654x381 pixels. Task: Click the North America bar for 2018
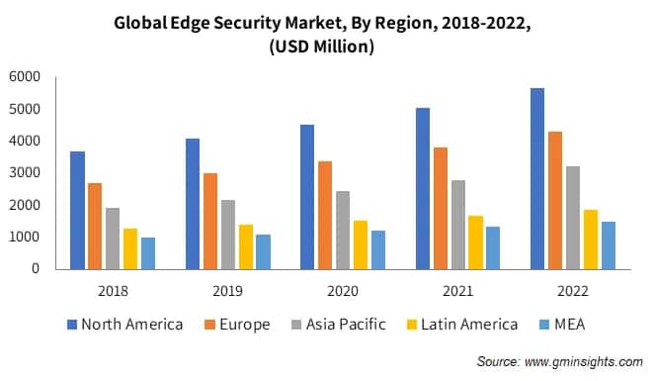[77, 210]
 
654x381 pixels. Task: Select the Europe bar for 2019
[209, 221]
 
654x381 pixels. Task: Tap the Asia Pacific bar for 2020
[342, 230]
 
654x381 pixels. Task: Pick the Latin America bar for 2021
[475, 242]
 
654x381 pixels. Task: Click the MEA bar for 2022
[608, 245]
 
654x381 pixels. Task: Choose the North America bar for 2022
[536, 178]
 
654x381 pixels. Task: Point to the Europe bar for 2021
[440, 208]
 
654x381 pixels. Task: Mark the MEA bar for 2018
[148, 253]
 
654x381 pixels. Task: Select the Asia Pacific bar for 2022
[572, 218]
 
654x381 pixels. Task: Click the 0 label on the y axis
[36, 269]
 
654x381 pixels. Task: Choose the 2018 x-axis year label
[113, 292]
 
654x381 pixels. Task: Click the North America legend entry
[124, 325]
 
